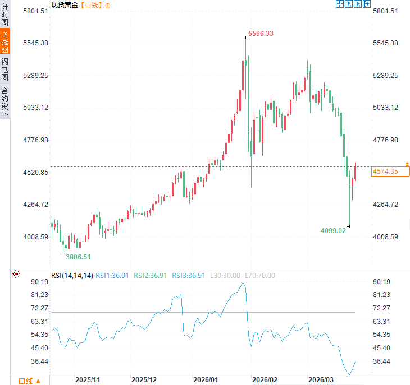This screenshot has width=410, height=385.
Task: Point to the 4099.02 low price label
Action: (333, 230)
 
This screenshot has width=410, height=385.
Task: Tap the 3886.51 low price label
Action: (78, 257)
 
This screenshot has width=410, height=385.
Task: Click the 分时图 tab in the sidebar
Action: (5, 14)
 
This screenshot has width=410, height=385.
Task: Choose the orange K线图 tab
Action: (5, 42)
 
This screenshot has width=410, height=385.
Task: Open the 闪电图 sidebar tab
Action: (5, 69)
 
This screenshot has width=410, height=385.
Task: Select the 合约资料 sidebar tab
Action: (5, 102)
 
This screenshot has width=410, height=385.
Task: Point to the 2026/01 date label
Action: (205, 379)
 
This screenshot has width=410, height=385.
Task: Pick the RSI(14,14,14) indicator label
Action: (72, 275)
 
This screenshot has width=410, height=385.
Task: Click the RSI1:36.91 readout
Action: (112, 275)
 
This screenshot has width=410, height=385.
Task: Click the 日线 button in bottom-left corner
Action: (29, 381)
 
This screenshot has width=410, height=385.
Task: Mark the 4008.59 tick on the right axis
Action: (385, 236)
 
